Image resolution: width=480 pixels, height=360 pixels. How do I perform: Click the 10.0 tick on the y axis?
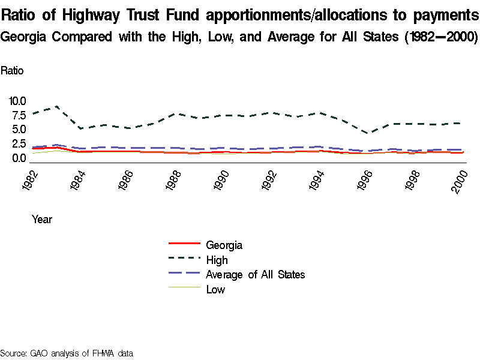(17, 101)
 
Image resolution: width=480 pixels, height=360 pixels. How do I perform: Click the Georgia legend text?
(224, 245)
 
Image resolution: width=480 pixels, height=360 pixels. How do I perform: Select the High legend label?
(217, 260)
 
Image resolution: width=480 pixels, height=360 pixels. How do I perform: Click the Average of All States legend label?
(256, 275)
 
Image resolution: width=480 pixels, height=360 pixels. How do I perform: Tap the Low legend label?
(215, 290)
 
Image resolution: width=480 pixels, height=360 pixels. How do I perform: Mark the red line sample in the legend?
(184, 244)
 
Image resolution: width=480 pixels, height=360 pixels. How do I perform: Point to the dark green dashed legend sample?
(184, 259)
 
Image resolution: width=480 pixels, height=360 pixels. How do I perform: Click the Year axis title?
(42, 220)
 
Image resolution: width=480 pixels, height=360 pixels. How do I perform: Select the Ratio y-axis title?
(12, 70)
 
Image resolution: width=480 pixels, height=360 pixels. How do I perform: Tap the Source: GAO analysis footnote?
(66, 353)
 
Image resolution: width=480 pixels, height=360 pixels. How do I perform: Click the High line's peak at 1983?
(56, 106)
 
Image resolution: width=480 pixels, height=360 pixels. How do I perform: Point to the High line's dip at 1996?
(370, 133)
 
